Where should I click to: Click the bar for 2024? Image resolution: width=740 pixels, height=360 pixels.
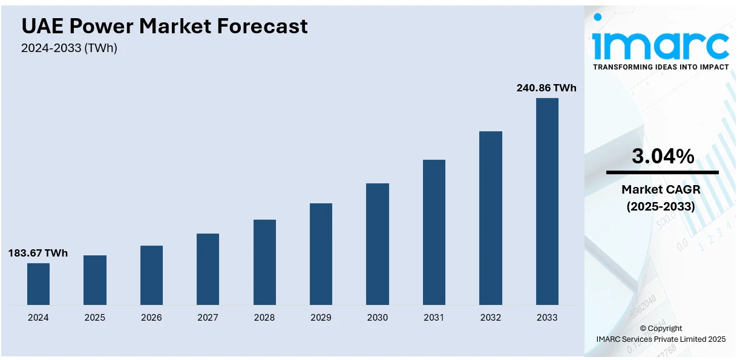coord(38,284)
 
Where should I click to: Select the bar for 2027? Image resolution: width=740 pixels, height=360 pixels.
coord(208,269)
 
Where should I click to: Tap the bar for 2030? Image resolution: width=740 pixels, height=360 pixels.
coord(378,244)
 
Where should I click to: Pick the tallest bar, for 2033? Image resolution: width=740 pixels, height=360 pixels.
coord(547,201)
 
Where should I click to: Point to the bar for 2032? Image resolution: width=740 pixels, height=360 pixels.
coord(491,218)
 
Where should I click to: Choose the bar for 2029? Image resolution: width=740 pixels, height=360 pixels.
coord(321,254)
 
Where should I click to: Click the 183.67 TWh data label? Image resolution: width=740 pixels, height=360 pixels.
coord(38,253)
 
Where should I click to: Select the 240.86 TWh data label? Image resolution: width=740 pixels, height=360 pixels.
coord(546,88)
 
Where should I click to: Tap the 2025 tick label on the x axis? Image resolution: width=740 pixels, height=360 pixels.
coord(94,318)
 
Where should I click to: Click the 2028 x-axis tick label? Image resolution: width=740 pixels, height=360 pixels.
coord(264,318)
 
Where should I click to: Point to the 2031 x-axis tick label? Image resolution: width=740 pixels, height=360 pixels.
coord(434,318)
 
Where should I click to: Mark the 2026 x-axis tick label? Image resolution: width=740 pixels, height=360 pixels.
coord(151,318)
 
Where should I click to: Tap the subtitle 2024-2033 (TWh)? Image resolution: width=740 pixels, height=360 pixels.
coord(69,48)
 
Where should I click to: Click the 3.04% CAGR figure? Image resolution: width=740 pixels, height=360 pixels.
coord(663,157)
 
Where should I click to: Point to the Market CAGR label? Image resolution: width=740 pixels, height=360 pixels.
coord(661,190)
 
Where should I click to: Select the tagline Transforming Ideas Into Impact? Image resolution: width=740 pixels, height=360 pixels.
coord(661,67)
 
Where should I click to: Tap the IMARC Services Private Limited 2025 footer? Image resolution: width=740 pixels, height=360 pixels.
coord(661,339)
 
